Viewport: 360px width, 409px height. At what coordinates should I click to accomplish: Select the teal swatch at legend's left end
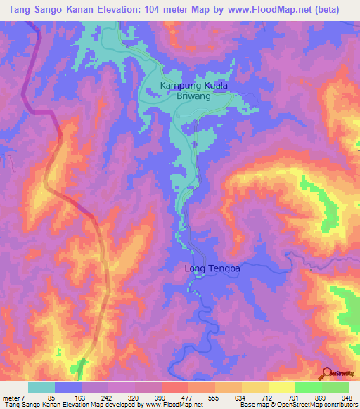pyautogui.click(x=41, y=387)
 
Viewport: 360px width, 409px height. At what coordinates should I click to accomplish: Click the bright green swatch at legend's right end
pyautogui.click(x=335, y=387)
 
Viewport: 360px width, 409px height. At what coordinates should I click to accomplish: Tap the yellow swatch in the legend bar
pyautogui.click(x=282, y=387)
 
